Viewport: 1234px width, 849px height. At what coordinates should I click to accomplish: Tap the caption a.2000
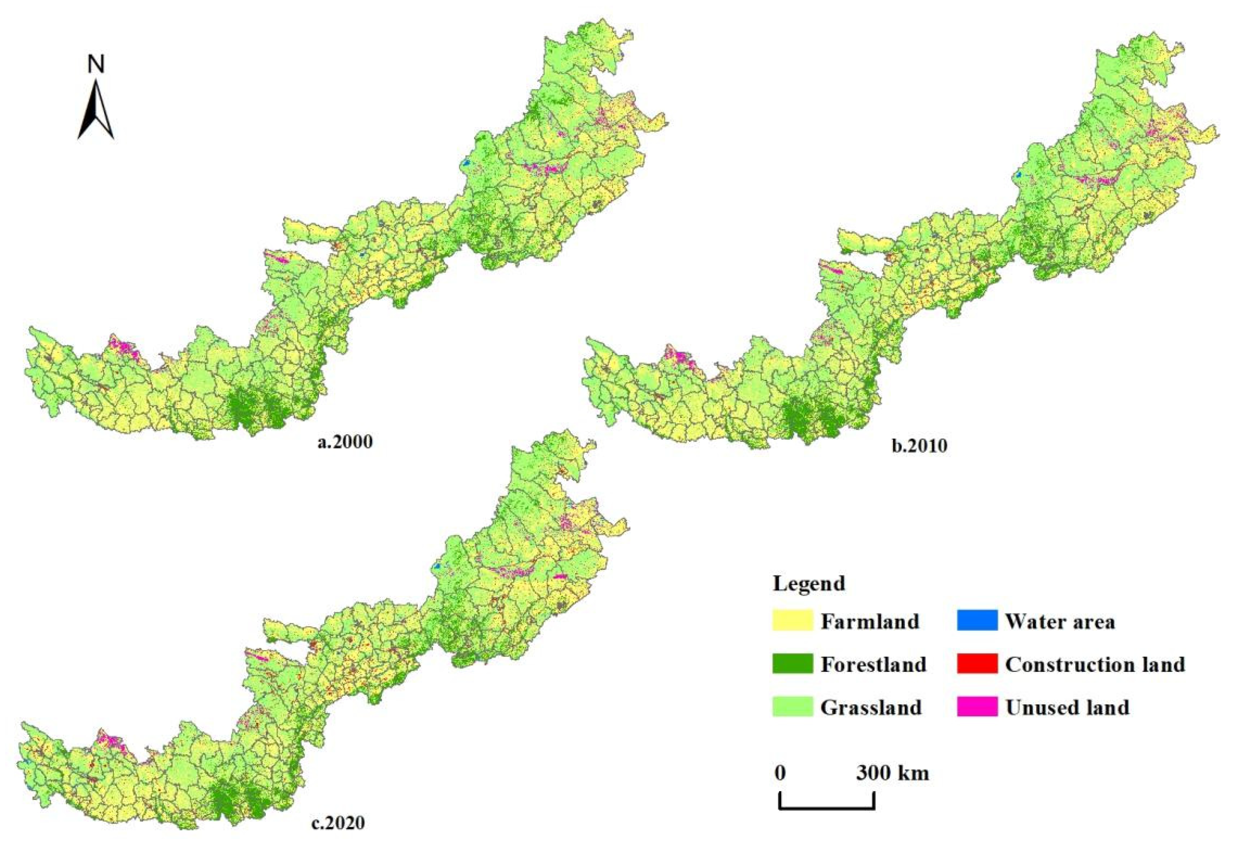tap(345, 442)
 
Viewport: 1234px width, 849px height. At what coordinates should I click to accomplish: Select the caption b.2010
tap(920, 445)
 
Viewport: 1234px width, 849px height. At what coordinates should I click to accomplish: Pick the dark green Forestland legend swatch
tap(792, 664)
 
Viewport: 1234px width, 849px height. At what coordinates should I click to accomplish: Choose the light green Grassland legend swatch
tap(792, 707)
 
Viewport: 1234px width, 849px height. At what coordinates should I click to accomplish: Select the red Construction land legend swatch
tap(977, 664)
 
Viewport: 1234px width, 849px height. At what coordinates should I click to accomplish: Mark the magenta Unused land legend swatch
tap(977, 707)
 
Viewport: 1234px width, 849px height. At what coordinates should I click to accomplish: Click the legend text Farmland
tap(869, 621)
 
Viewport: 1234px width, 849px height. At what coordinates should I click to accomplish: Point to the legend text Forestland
tap(873, 664)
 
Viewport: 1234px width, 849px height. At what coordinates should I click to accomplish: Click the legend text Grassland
tap(871, 707)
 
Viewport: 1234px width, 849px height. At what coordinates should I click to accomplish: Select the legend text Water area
tap(1059, 621)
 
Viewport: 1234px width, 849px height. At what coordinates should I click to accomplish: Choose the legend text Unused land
tap(1067, 707)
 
